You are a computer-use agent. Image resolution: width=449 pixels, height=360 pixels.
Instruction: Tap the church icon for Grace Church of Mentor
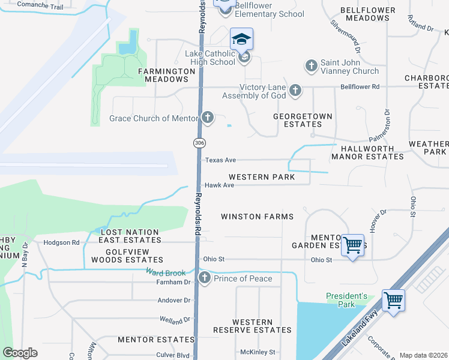click(x=207, y=117)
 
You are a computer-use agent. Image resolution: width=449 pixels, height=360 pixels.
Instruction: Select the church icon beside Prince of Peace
click(x=205, y=278)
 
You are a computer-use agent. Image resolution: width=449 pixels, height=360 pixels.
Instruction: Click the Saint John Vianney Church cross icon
click(x=311, y=65)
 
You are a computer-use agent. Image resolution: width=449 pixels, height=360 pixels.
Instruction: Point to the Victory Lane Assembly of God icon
click(x=295, y=91)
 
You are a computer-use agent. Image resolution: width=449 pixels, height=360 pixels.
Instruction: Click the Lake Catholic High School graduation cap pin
click(x=242, y=40)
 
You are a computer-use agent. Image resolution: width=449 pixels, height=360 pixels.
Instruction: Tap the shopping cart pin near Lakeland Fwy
click(x=393, y=300)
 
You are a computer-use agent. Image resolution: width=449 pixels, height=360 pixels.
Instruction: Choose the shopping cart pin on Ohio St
click(x=352, y=245)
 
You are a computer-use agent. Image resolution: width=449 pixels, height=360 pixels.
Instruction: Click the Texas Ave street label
click(x=220, y=160)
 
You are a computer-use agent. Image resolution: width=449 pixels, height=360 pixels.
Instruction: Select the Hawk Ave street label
click(x=219, y=185)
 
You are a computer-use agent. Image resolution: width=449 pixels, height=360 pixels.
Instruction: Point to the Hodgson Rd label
click(x=61, y=242)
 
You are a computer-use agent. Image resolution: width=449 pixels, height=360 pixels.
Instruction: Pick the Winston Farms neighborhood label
click(x=257, y=217)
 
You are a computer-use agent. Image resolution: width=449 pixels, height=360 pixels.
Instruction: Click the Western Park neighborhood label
click(x=261, y=178)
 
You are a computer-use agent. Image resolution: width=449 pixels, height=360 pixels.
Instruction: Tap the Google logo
click(x=20, y=353)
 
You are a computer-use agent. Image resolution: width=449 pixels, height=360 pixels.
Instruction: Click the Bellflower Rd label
click(x=360, y=87)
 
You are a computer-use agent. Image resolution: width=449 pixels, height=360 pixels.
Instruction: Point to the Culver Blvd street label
click(x=173, y=355)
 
